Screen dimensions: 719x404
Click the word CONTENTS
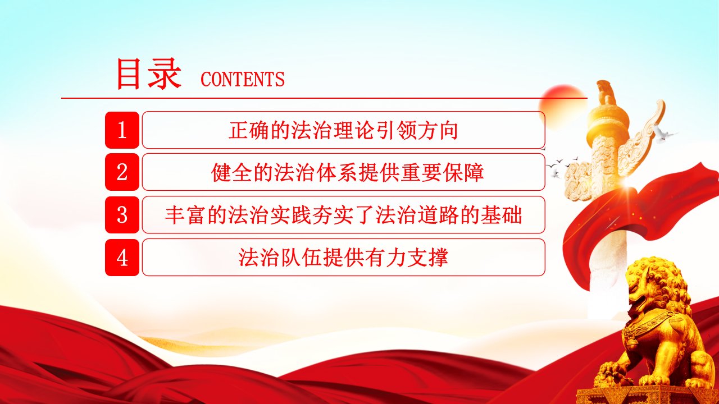(242, 79)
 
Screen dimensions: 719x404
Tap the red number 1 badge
(122, 130)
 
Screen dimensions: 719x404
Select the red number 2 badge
(122, 172)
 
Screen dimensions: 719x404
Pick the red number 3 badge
(122, 215)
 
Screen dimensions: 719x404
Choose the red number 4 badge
(122, 258)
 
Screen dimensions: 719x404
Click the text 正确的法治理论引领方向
(343, 131)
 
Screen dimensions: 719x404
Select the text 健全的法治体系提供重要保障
(347, 173)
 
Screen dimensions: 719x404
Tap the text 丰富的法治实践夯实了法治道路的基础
(343, 215)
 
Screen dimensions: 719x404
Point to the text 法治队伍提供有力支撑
(343, 258)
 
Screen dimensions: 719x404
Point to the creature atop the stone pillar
(605, 93)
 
